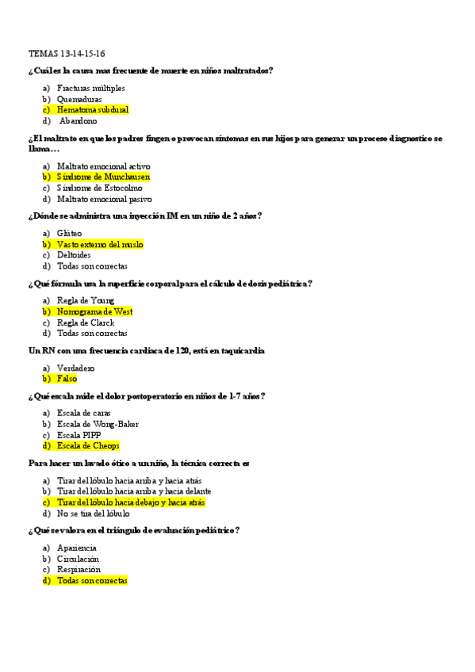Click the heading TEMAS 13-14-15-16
point(66,54)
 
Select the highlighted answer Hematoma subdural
point(93,110)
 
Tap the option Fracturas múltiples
point(90,88)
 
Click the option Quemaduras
point(79,99)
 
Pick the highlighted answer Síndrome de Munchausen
point(103,177)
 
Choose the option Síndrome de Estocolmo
point(100,188)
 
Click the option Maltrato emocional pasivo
point(104,199)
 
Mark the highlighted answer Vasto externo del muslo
point(100,245)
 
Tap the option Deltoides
point(74,255)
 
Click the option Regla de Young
point(86,300)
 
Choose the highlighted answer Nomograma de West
point(94,311)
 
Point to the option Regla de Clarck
point(86,323)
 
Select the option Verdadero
point(75,368)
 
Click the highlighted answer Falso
point(67,379)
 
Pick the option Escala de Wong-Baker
point(98,424)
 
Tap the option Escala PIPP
point(79,435)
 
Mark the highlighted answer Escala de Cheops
point(88,446)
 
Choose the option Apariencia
point(77,548)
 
